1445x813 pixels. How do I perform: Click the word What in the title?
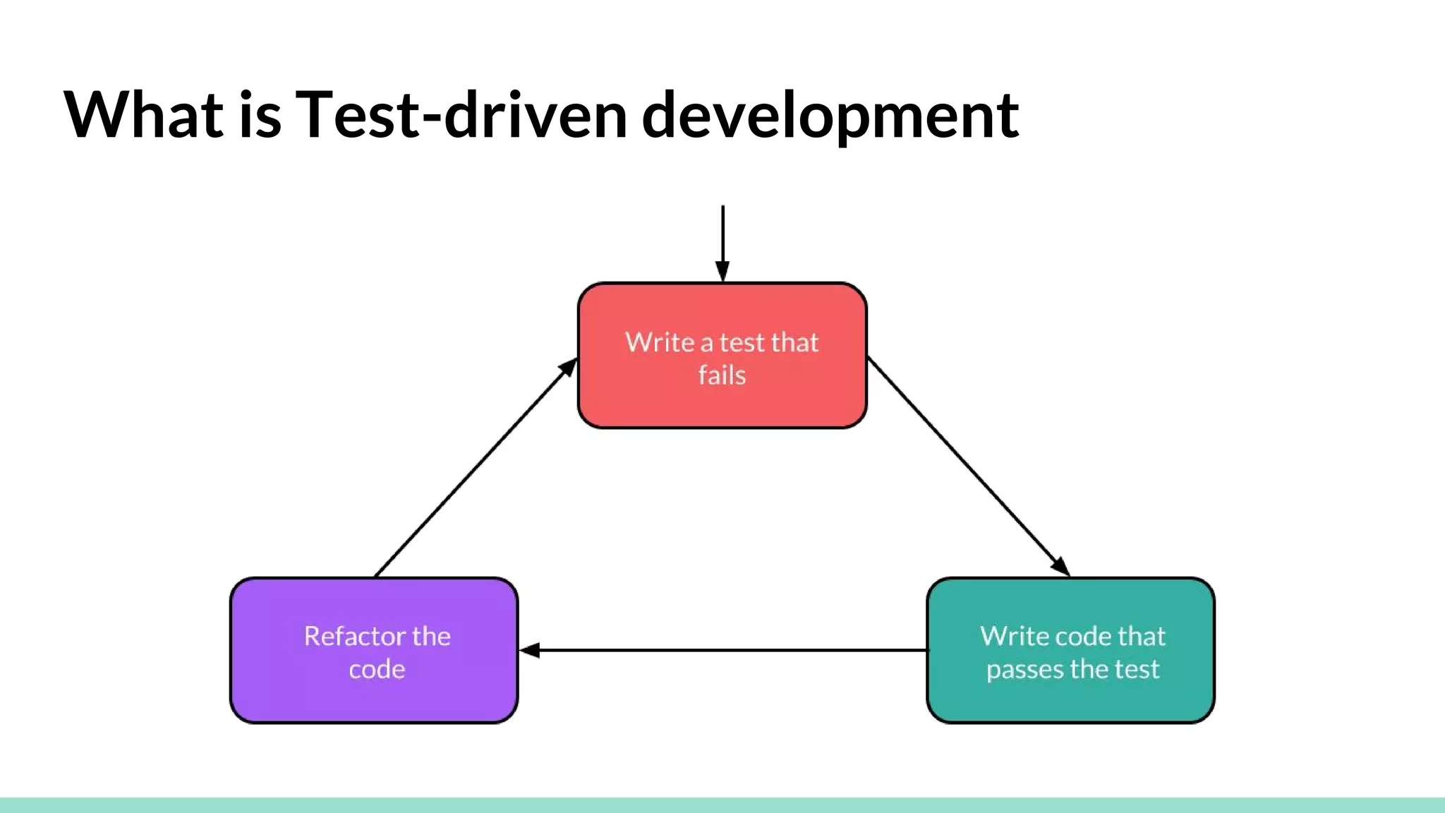[144, 114]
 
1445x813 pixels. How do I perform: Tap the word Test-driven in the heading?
[461, 114]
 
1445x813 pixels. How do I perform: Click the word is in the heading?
[260, 114]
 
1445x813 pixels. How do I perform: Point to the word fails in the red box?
[722, 375]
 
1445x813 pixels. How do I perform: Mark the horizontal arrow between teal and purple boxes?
[727, 650]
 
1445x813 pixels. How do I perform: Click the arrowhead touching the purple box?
[530, 650]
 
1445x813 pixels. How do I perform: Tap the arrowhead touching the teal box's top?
[1060, 566]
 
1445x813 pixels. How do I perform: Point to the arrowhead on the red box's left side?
[568, 368]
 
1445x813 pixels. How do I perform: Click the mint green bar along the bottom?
[722, 805]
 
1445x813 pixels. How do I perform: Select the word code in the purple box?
[377, 669]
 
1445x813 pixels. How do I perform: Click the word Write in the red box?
[660, 342]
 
